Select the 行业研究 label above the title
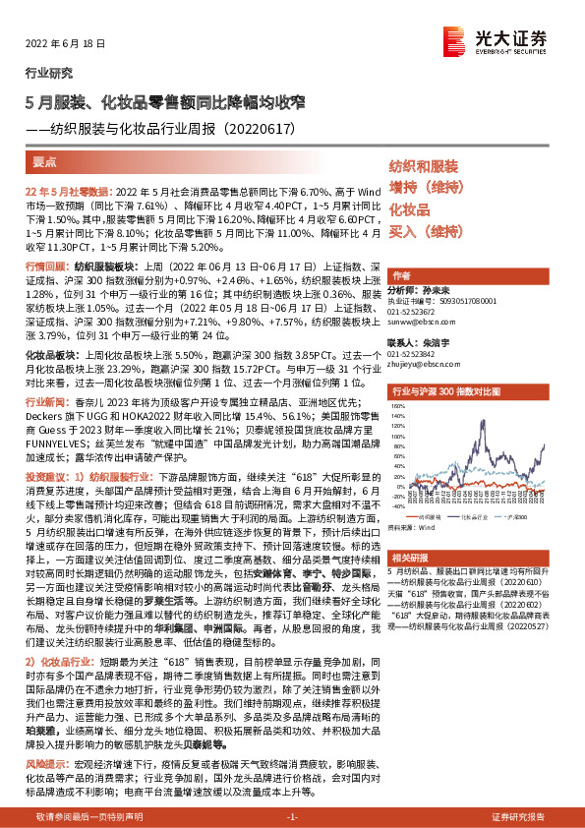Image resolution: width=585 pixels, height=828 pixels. click(x=48, y=73)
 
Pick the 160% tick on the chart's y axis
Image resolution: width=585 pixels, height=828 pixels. click(x=397, y=405)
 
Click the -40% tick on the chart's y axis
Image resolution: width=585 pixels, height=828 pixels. click(x=397, y=506)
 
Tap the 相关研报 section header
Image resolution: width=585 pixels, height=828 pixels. click(x=408, y=557)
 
